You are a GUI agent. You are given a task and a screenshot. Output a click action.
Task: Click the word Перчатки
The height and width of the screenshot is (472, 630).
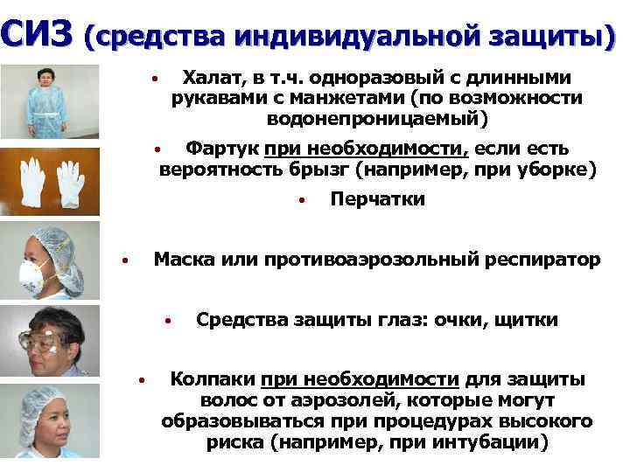pos(377,199)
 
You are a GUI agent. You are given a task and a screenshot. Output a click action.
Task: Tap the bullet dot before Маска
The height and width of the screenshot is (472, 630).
pos(126,260)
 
